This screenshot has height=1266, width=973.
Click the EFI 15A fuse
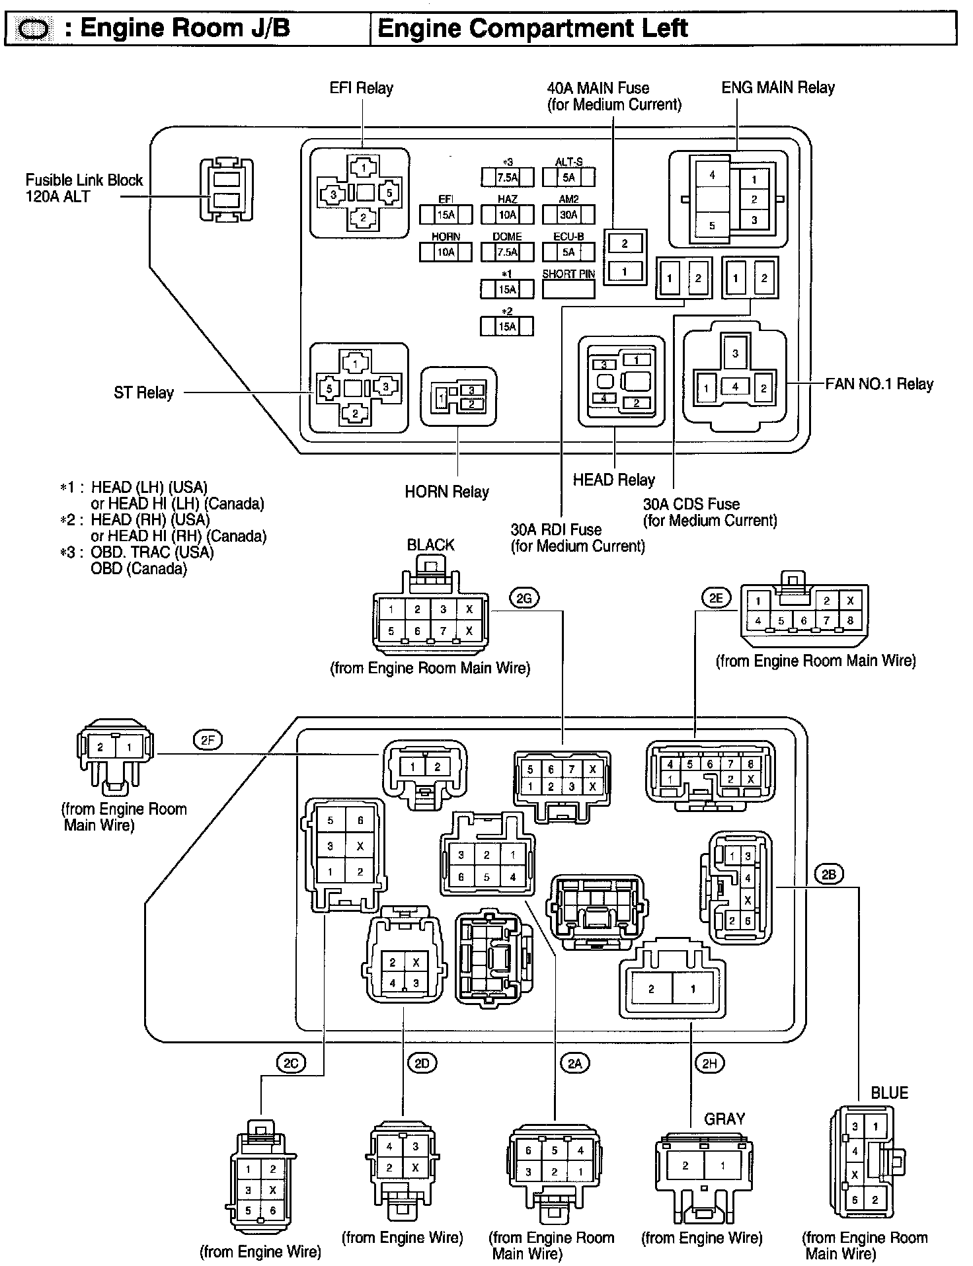point(446,214)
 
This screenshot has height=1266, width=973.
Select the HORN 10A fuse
point(446,252)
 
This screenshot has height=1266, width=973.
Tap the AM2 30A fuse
point(568,214)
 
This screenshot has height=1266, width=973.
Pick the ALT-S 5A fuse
point(568,177)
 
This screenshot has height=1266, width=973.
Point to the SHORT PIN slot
point(568,289)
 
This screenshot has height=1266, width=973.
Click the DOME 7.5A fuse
point(507,252)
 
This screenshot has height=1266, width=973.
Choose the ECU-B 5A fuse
point(568,252)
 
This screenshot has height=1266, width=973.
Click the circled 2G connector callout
point(524,599)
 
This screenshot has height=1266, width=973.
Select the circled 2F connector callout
point(208,740)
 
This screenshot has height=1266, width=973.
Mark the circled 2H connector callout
point(709,1063)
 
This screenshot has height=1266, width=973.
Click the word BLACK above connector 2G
point(431,545)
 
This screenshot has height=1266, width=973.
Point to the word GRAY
point(724,1119)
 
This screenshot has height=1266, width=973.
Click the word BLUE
point(889,1093)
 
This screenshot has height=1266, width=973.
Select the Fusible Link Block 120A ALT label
point(84,188)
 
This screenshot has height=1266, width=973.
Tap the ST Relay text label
point(143,392)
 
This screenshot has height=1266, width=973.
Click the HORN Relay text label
point(447,492)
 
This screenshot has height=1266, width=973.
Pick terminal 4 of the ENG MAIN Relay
point(712,175)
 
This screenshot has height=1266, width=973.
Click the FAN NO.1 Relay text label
point(879,384)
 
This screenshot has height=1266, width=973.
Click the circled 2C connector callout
point(290,1063)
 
